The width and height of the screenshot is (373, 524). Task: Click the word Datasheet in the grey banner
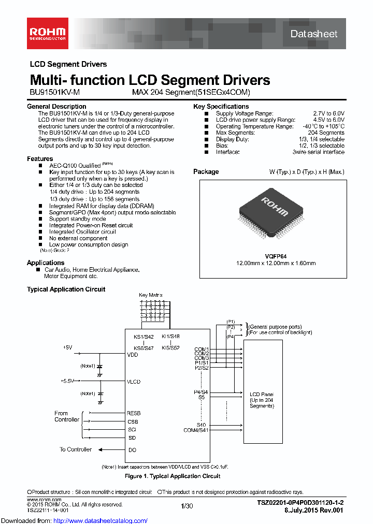point(314,34)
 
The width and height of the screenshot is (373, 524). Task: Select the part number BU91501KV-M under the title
point(54,92)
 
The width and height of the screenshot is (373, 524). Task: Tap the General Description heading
point(56,107)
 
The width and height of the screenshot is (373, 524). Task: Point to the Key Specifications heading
point(221,107)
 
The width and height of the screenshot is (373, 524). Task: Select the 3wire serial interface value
point(318,152)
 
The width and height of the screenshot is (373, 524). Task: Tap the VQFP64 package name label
point(276,256)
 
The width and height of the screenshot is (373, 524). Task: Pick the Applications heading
point(46,263)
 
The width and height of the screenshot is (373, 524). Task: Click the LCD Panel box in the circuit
point(262,400)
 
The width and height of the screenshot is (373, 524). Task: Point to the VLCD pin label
point(134,382)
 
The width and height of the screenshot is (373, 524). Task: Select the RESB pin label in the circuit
point(134,413)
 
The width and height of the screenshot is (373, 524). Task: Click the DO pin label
point(132,450)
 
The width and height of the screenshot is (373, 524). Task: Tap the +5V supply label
point(67,347)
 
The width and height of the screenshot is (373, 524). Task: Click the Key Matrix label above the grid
point(150,295)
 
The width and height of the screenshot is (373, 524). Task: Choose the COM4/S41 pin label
point(196,430)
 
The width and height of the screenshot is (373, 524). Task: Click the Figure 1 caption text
point(173,476)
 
